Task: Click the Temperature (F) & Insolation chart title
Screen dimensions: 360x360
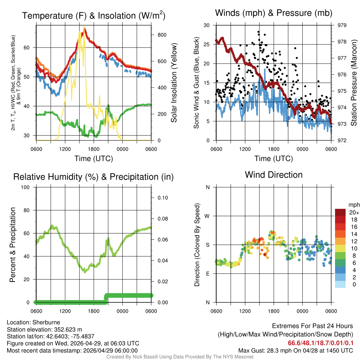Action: tap(94, 15)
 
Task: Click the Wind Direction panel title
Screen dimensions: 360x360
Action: tap(274, 175)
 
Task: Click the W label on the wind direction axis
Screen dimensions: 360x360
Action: tap(208, 216)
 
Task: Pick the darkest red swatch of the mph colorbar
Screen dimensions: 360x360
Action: tap(340, 212)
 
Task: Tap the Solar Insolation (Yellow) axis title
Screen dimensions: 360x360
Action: tap(174, 83)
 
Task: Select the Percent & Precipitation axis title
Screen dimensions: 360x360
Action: tap(13, 245)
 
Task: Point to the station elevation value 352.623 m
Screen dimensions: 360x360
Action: tap(68, 329)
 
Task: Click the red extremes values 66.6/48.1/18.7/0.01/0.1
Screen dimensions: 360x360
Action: tap(321, 343)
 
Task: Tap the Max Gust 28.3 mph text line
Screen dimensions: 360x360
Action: tap(295, 350)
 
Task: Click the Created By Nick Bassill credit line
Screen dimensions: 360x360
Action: tap(180, 357)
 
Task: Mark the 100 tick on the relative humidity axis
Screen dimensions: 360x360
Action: tap(27, 187)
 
